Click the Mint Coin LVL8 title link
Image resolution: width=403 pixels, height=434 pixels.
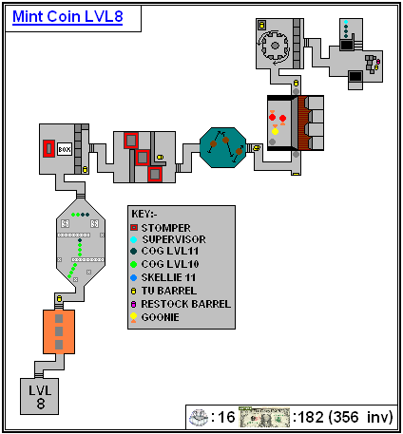point(67,17)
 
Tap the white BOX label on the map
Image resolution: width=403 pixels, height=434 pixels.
point(65,149)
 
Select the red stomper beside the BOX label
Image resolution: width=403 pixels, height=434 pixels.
point(48,148)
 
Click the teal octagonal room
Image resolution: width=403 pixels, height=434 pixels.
point(223,147)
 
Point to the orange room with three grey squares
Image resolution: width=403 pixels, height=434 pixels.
point(59,331)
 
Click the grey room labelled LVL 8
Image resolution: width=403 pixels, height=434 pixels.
point(40,396)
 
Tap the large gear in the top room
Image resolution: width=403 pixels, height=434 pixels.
point(275,46)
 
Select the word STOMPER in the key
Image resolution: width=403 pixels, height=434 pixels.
point(165,228)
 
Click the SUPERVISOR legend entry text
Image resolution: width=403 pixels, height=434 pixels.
point(174,239)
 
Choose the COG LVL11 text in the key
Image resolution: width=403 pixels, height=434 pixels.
point(170,251)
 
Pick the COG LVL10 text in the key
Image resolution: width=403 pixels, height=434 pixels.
point(170,264)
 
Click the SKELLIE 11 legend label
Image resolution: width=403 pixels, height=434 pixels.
point(168,277)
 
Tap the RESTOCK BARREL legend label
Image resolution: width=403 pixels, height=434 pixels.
point(186,304)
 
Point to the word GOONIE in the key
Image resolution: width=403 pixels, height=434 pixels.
point(160,317)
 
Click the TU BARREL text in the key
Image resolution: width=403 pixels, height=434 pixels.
point(169,291)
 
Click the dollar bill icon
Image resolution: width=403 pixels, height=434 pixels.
point(264,417)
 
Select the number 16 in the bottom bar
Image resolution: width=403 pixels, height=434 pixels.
point(225,417)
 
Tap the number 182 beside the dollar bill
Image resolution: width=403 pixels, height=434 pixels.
point(312,417)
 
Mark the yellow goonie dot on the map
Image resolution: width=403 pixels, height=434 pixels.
point(275,131)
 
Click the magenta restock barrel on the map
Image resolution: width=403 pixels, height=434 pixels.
point(378,62)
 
